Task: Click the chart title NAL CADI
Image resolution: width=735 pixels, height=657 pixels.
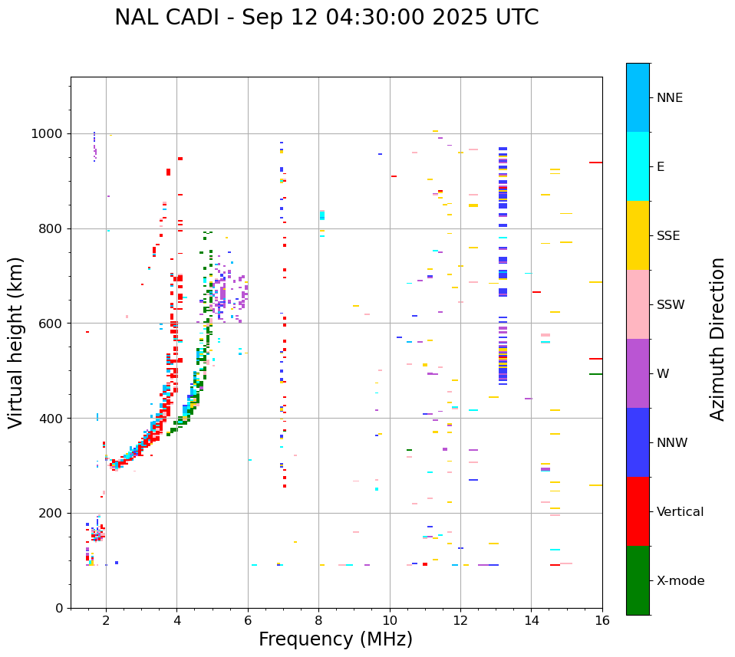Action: pyautogui.click(x=326, y=18)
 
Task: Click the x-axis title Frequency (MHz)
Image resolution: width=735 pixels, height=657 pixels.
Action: pyautogui.click(x=335, y=639)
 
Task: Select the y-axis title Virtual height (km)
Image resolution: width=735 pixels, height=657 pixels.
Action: pyautogui.click(x=16, y=342)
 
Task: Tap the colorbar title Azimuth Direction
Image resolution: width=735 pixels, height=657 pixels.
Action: pyautogui.click(x=717, y=338)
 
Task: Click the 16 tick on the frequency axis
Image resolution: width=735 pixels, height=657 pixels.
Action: pyautogui.click(x=602, y=620)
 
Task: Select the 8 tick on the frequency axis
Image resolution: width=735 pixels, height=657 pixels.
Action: pyautogui.click(x=318, y=620)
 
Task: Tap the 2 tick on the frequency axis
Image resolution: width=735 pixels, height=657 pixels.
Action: pyautogui.click(x=106, y=620)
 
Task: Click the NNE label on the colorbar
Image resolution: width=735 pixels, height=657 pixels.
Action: pyautogui.click(x=669, y=98)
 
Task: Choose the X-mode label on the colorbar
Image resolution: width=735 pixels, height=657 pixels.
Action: pyautogui.click(x=681, y=581)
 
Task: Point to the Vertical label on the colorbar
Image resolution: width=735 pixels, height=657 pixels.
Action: pyautogui.click(x=680, y=512)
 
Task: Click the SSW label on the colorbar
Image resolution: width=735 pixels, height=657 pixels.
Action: pyautogui.click(x=671, y=305)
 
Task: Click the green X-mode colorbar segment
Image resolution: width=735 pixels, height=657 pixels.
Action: pyautogui.click(x=638, y=580)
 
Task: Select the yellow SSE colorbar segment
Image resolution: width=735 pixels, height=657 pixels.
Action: pyautogui.click(x=638, y=235)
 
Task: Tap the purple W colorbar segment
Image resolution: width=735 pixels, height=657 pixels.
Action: pyautogui.click(x=638, y=373)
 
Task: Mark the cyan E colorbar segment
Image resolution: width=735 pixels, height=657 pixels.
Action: pyautogui.click(x=638, y=166)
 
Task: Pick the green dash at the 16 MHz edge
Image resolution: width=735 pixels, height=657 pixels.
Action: pyautogui.click(x=595, y=374)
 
